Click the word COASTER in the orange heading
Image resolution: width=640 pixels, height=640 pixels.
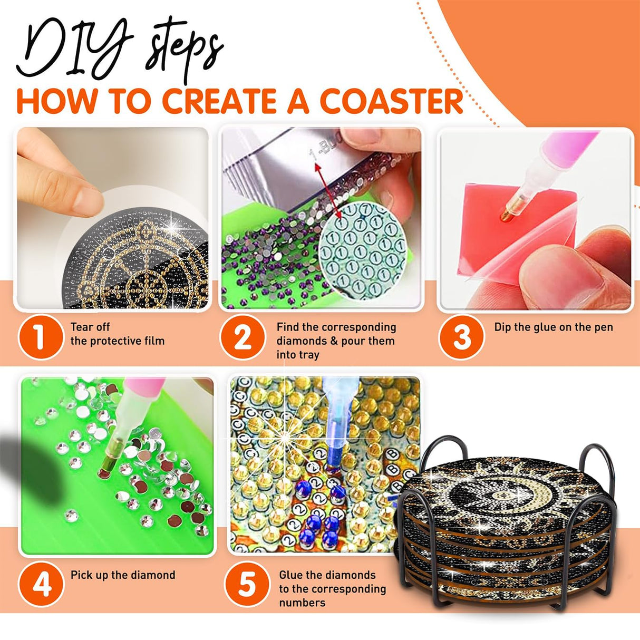click(x=393, y=100)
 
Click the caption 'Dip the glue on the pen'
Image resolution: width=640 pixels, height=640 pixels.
click(x=554, y=327)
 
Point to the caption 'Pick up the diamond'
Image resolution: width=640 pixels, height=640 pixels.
click(x=123, y=575)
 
